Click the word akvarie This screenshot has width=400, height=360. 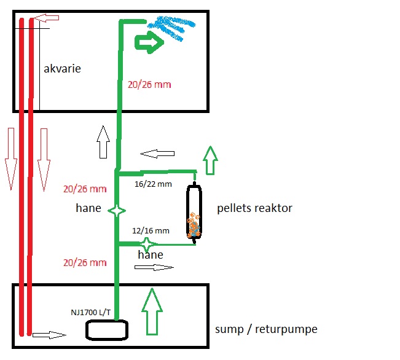pyautogui.click(x=62, y=69)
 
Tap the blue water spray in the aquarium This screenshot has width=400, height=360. pyautogui.click(x=171, y=28)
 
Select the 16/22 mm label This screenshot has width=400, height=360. pyautogui.click(x=153, y=183)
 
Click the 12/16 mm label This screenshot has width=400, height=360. pyautogui.click(x=151, y=230)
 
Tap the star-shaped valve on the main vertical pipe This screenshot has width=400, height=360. pyautogui.click(x=117, y=211)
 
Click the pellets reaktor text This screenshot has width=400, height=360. pyautogui.click(x=254, y=208)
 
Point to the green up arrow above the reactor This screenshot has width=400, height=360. pyautogui.click(x=211, y=161)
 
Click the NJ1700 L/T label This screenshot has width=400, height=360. pyautogui.click(x=90, y=312)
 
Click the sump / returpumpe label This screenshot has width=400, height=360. pyautogui.click(x=266, y=329)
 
